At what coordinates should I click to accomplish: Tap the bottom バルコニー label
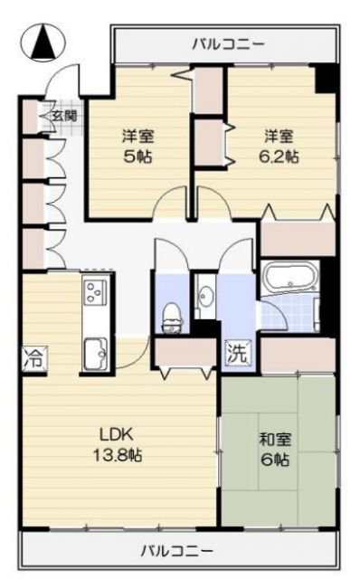coord(177,550)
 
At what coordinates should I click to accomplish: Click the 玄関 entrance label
coord(63,115)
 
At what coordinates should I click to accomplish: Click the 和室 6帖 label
coord(274,450)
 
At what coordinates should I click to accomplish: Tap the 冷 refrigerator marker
coord(33,356)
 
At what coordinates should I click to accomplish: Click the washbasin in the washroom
coord(205,295)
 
